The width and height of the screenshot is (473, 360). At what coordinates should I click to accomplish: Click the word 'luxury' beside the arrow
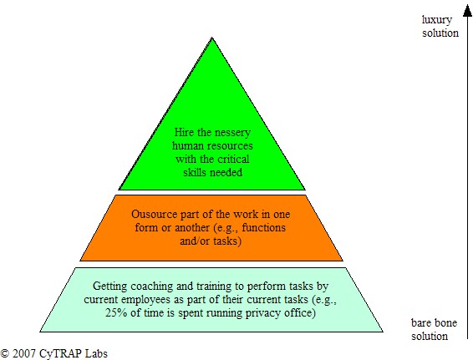tap(436, 20)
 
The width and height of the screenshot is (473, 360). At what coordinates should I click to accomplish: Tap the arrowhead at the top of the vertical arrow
tap(467, 11)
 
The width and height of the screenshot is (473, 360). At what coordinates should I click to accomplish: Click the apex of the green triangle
tap(212, 38)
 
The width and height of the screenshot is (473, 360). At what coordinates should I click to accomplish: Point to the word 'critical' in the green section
tap(233, 159)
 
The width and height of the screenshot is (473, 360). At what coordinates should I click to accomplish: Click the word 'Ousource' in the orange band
tap(154, 214)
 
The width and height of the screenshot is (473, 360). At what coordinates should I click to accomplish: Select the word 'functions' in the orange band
tap(263, 227)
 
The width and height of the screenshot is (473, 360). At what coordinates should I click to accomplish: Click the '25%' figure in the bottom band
tap(116, 312)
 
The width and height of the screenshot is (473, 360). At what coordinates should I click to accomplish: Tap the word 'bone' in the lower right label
tap(446, 323)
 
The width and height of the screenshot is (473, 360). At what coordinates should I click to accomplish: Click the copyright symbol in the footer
tap(5, 353)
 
